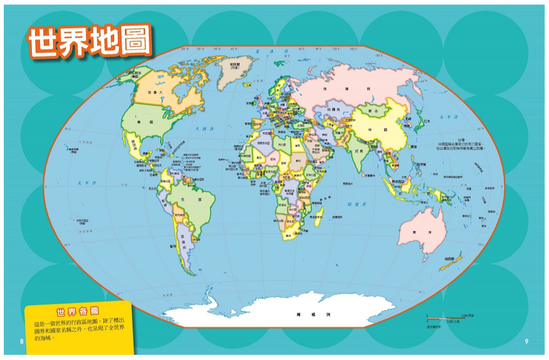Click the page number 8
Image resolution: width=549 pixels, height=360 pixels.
[21, 341]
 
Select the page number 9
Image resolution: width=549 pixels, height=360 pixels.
[526, 341]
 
